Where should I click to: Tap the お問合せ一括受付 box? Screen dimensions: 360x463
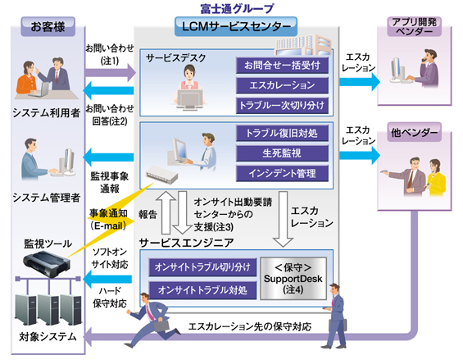(x=281, y=65)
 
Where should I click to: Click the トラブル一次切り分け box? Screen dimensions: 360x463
(x=281, y=106)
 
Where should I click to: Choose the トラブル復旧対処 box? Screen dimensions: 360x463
(x=282, y=133)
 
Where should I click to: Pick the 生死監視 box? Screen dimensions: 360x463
(x=282, y=153)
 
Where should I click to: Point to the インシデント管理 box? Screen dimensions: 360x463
(x=282, y=173)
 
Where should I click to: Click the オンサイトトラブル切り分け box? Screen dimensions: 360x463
(x=200, y=267)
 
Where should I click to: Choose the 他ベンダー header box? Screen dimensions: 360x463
(x=418, y=132)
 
